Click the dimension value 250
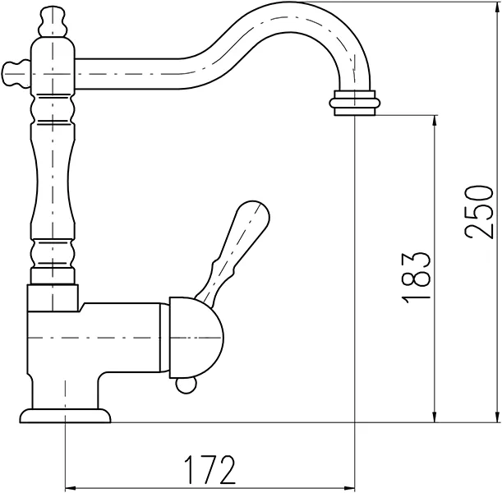pos(480,210)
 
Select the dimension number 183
pos(417,274)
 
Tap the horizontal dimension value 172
pos(209,470)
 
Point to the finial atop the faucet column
pos(52,17)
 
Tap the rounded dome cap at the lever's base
pos(197,338)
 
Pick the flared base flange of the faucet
pos(64,416)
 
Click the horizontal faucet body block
pos(99,338)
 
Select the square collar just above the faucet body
pos(54,297)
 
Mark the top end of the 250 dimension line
pos(496,3)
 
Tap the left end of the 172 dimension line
pos(65,486)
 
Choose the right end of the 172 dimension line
pos(354,486)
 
